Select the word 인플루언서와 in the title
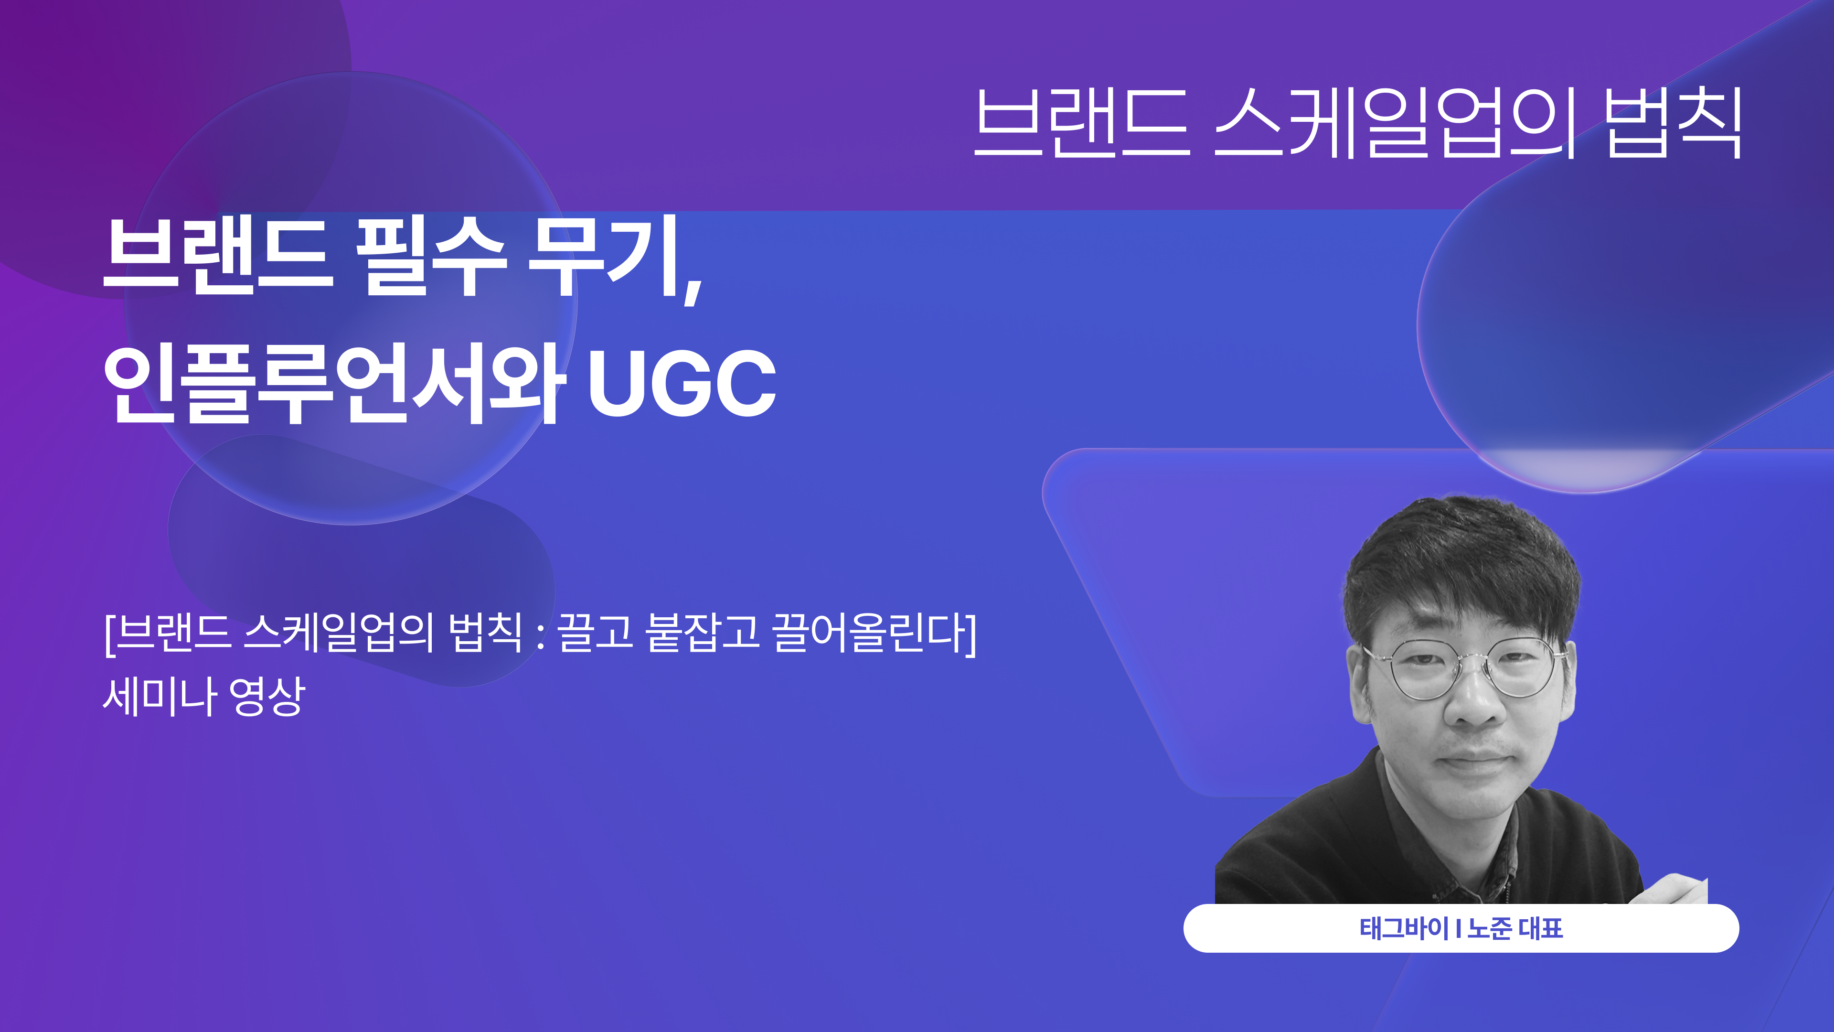(335, 385)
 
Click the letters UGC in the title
(682, 385)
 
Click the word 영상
(267, 696)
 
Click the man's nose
(1474, 705)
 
